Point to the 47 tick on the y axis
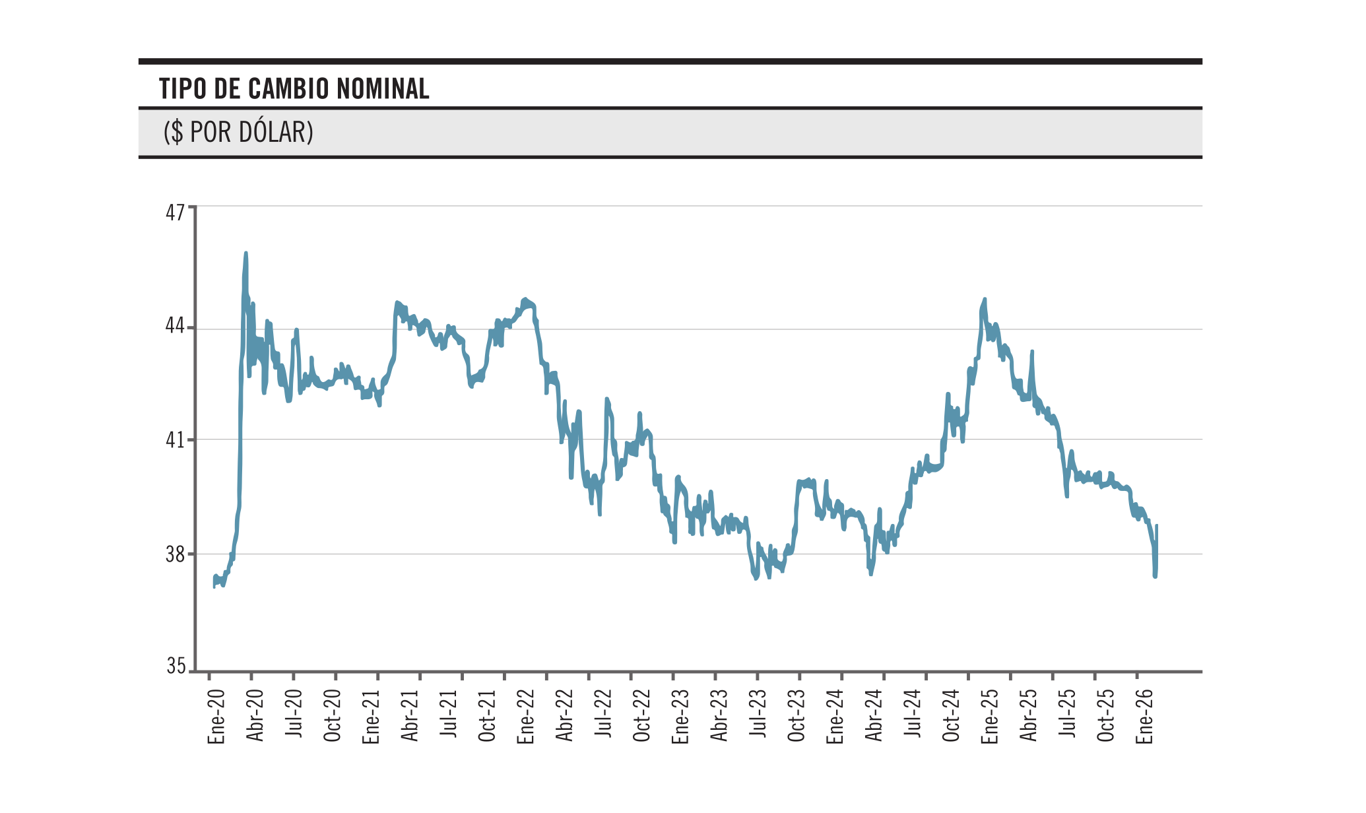pos(176,212)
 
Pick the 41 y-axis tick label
pos(176,439)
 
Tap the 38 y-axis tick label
pos(176,554)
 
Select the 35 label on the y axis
pos(176,667)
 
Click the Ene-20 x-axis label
pos(216,717)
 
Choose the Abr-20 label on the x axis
pos(255,715)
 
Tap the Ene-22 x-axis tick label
pos(526,717)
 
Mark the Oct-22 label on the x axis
pos(642,715)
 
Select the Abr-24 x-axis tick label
pos(874,715)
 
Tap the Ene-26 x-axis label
pos(1145,717)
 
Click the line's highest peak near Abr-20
pos(246,253)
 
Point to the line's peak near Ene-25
pos(985,299)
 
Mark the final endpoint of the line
pos(1157,525)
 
